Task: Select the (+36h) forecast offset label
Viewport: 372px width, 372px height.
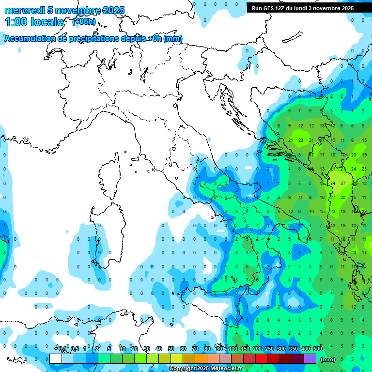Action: point(84,22)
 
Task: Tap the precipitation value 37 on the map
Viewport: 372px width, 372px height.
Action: point(343,183)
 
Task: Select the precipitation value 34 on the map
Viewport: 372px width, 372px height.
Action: point(333,183)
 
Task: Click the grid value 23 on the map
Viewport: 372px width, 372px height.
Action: point(301,141)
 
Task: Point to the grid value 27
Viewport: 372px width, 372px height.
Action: point(333,197)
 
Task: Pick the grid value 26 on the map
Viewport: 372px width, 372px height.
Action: point(343,197)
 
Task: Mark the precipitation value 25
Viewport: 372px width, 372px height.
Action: point(364,169)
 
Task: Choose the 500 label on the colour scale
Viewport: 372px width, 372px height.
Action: point(318,349)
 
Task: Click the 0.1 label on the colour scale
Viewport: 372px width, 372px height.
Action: point(62,349)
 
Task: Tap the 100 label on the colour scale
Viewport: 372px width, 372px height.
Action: point(233,349)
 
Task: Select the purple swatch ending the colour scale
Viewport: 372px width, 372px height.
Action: point(310,359)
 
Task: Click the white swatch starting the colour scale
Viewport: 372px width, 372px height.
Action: point(56,359)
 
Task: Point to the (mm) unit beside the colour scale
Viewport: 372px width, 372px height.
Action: point(328,359)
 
